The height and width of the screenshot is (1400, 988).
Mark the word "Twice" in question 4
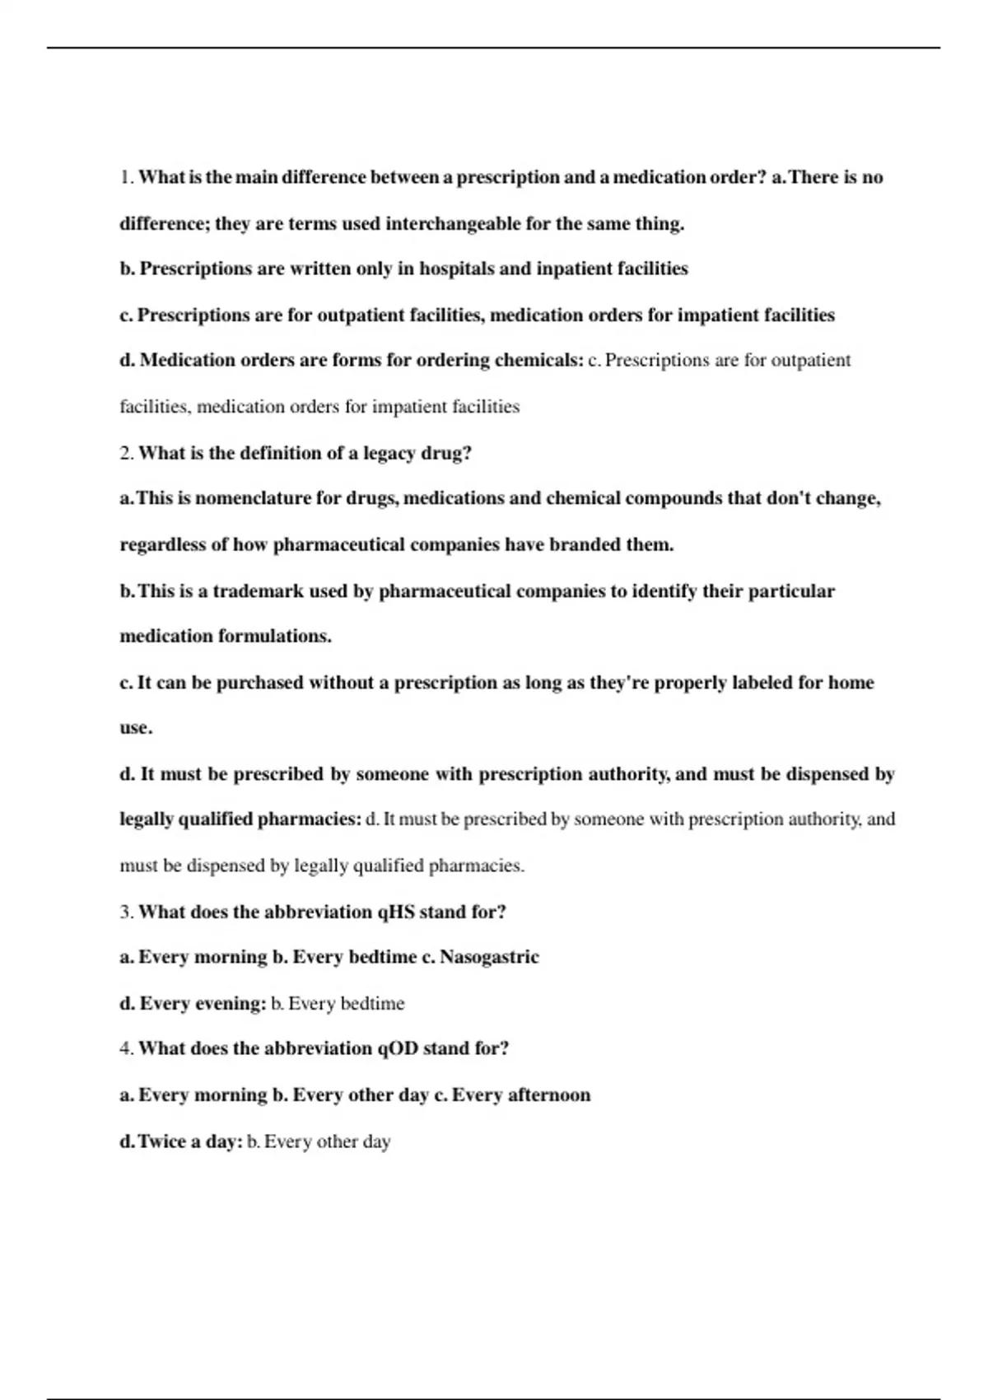161,1142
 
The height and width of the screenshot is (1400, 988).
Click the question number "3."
127,912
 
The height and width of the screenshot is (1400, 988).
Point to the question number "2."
127,454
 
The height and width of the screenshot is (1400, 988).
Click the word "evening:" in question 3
231,1004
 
